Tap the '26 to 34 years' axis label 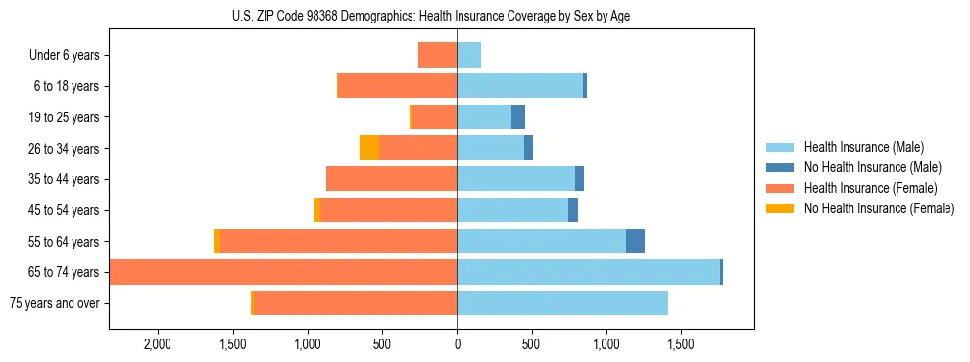pyautogui.click(x=64, y=149)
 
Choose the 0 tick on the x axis pyautogui.click(x=457, y=345)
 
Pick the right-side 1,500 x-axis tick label pyautogui.click(x=681, y=345)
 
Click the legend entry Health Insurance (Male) pyautogui.click(x=863, y=148)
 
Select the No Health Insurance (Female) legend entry pyautogui.click(x=879, y=208)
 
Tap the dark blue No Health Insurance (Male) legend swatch pyautogui.click(x=781, y=168)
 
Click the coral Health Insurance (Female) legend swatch pyautogui.click(x=781, y=188)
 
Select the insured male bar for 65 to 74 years pyautogui.click(x=588, y=272)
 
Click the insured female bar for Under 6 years pyautogui.click(x=437, y=55)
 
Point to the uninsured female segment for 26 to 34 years pyautogui.click(x=369, y=148)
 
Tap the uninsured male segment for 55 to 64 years pyautogui.click(x=635, y=241)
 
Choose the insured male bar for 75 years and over pyautogui.click(x=562, y=303)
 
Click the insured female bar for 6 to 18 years pyautogui.click(x=397, y=86)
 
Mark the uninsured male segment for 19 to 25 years pyautogui.click(x=518, y=117)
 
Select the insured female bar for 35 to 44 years pyautogui.click(x=392, y=179)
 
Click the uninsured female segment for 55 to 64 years pyautogui.click(x=217, y=241)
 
